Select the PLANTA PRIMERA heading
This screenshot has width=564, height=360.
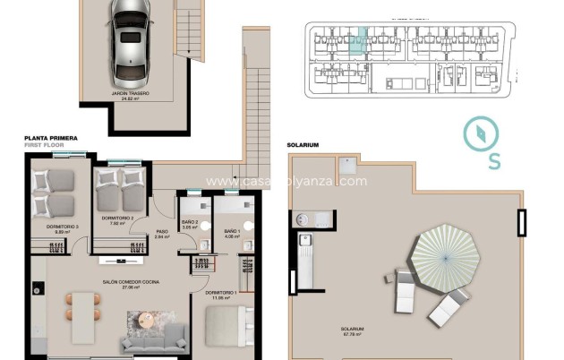(x=51, y=139)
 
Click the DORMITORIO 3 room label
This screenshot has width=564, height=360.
(x=62, y=227)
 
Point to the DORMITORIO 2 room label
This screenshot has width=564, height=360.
(x=117, y=218)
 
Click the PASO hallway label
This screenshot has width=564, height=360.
(x=162, y=232)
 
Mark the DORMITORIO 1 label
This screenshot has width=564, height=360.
(x=219, y=293)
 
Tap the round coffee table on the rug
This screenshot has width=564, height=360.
(x=145, y=321)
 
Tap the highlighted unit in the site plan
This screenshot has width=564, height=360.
(x=358, y=42)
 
